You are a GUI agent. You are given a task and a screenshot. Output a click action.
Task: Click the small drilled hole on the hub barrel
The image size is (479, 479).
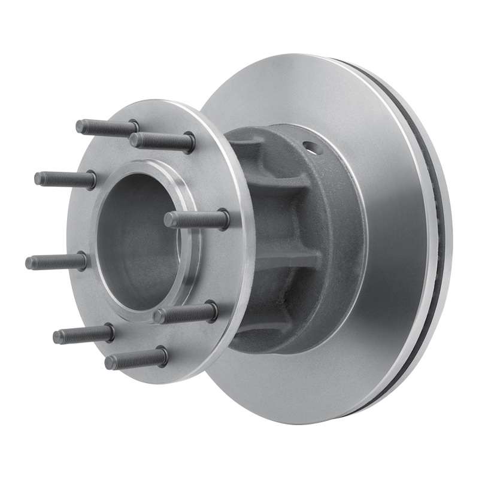(309, 145)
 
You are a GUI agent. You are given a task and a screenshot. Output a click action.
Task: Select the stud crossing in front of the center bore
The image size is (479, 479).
(195, 220)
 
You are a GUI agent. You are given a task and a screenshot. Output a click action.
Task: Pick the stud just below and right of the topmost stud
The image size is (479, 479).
(162, 142)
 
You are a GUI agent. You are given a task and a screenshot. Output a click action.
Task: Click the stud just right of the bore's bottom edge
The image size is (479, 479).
(186, 313)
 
